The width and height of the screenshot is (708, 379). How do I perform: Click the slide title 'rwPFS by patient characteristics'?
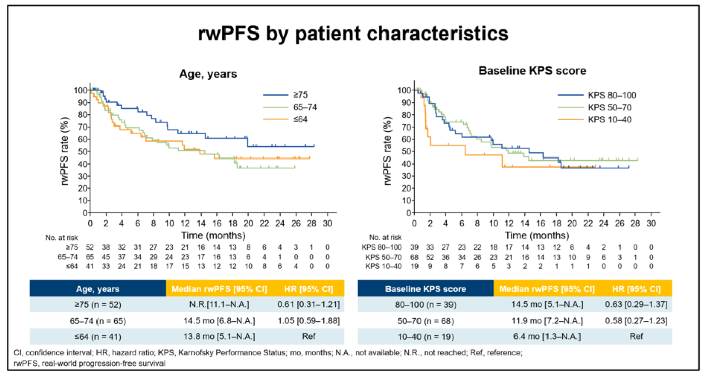(x=353, y=34)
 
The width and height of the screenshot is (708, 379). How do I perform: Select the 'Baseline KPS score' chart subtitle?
(x=533, y=71)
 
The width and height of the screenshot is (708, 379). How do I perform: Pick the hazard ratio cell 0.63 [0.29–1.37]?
(x=636, y=305)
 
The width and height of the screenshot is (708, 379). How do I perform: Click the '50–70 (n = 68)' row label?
(x=425, y=321)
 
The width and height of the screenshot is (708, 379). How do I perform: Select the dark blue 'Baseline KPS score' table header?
(x=425, y=289)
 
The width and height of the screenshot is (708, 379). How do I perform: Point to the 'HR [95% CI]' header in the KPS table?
(x=636, y=289)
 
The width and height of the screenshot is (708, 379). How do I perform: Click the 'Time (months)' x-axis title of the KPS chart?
(x=532, y=235)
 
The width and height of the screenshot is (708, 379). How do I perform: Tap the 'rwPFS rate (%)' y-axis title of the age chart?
(x=67, y=147)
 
